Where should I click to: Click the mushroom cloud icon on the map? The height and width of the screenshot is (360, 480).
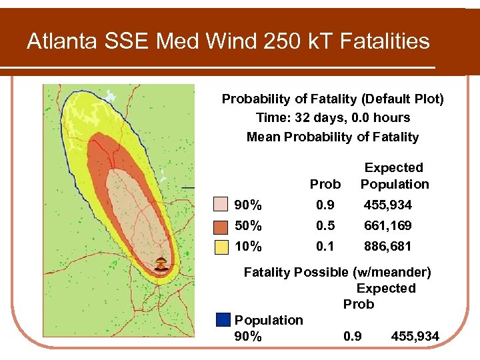click(160, 264)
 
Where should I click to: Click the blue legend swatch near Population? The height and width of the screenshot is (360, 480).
click(223, 320)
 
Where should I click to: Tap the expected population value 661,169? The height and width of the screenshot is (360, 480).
click(388, 225)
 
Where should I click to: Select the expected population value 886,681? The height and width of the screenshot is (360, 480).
click(388, 246)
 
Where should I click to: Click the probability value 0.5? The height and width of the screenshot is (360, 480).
click(325, 225)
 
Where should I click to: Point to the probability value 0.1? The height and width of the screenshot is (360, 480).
click(325, 246)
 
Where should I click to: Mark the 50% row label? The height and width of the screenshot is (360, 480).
click(248, 225)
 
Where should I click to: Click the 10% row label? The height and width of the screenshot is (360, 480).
click(248, 246)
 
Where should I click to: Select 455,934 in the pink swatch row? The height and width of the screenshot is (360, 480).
click(388, 205)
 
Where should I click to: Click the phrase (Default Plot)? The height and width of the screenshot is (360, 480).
click(402, 99)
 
